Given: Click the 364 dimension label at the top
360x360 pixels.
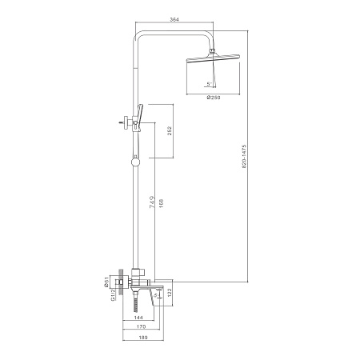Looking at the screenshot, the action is pyautogui.click(x=174, y=19).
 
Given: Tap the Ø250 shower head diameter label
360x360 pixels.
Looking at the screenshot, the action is pyautogui.click(x=214, y=98).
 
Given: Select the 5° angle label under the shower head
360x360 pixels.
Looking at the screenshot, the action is pyautogui.click(x=209, y=84).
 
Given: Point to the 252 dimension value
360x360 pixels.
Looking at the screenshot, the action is pyautogui.click(x=170, y=130).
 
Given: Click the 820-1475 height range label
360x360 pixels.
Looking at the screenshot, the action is pyautogui.click(x=244, y=156).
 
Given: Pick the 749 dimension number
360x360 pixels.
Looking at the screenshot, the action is pyautogui.click(x=152, y=202).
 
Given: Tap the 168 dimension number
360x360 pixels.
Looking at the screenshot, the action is pyautogui.click(x=161, y=203).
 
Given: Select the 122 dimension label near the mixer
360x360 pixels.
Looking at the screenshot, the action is pyautogui.click(x=170, y=293).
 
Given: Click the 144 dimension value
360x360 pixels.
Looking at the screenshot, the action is pyautogui.click(x=138, y=318).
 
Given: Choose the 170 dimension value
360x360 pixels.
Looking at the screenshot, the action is pyautogui.click(x=141, y=326).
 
